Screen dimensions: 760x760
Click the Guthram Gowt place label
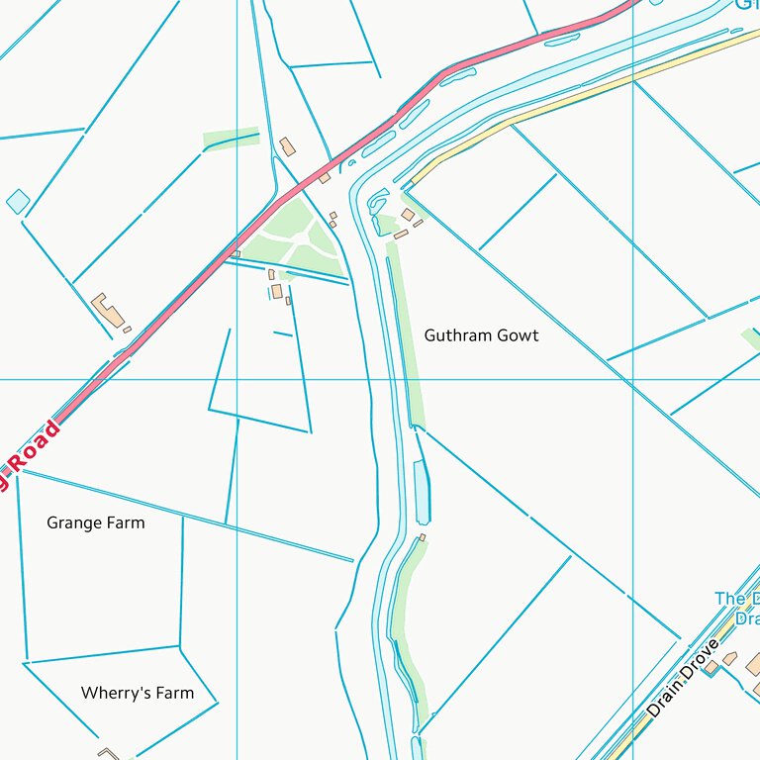[481, 335]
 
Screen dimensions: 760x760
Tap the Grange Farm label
[95, 522]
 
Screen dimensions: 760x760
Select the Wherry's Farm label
[138, 693]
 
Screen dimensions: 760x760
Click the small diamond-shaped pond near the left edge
[18, 202]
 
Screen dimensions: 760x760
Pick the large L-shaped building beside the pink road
[108, 310]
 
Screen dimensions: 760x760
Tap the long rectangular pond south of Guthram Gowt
[423, 492]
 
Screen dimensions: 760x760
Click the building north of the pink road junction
[287, 147]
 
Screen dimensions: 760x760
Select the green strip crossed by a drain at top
[231, 140]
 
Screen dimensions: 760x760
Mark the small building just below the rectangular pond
[423, 537]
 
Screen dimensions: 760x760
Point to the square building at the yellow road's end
[408, 215]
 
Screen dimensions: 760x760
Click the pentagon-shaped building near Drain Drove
[729, 658]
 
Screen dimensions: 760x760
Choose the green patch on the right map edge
[752, 339]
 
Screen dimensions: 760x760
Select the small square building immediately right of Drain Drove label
[711, 668]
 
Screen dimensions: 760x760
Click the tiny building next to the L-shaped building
[127, 329]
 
